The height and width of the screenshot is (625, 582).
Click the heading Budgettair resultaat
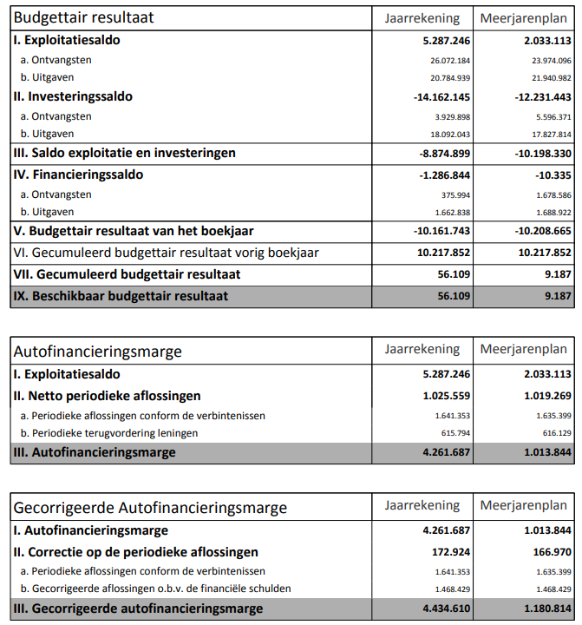(85, 17)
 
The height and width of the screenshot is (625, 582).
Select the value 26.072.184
(449, 60)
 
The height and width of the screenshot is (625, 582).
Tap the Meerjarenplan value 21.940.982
(547, 78)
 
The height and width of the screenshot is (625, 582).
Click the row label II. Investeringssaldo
(73, 96)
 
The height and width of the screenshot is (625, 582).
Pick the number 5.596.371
(547, 116)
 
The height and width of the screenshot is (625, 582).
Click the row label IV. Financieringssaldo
(77, 174)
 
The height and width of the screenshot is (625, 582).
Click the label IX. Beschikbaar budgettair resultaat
(121, 296)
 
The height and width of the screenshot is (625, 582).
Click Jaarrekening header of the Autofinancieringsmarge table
(422, 350)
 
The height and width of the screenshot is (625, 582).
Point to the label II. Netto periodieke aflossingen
(107, 396)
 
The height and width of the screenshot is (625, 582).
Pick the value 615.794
(453, 433)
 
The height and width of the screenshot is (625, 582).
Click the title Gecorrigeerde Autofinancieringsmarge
(150, 508)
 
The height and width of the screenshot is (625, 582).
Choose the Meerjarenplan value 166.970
(545, 552)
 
